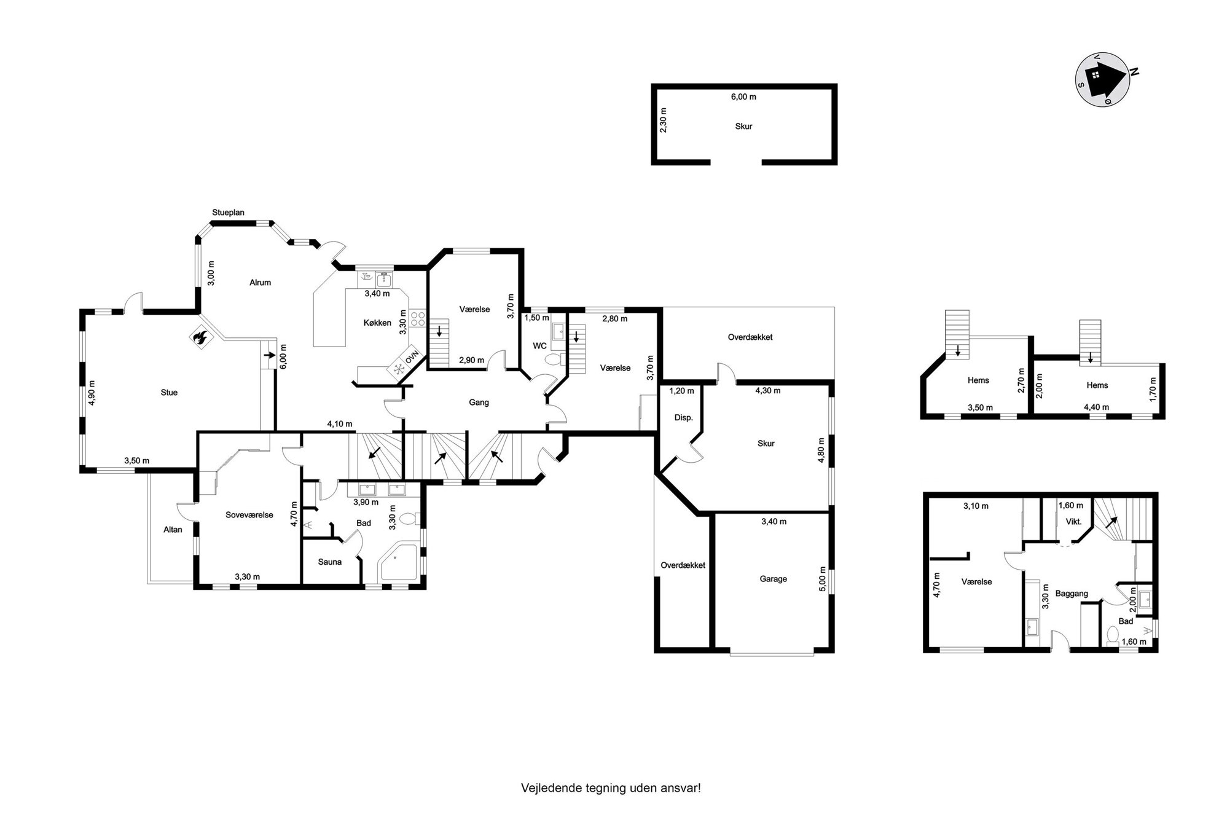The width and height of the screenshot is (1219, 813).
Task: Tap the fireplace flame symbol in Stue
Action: click(200, 336)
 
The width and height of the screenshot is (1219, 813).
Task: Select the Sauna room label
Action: click(330, 562)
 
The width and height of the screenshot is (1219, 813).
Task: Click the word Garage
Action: click(773, 579)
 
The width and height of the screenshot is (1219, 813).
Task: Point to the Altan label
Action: click(173, 529)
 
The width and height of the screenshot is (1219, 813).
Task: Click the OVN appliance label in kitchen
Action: click(411, 357)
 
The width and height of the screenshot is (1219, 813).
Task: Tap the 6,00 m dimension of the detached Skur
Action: click(743, 96)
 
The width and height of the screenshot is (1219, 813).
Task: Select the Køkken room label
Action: click(377, 323)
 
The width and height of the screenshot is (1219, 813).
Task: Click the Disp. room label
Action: click(684, 418)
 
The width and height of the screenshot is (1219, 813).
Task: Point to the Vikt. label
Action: click(1073, 522)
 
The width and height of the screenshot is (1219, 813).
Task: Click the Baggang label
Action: click(1072, 594)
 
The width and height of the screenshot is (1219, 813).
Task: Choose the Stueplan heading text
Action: click(228, 213)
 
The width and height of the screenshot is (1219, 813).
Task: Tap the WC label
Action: click(539, 346)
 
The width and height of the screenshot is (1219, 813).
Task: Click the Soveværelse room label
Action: click(249, 515)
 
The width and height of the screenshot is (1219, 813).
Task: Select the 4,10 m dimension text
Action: click(340, 424)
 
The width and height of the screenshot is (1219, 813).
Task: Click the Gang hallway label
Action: click(479, 403)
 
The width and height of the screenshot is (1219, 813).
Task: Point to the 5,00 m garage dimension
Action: click(824, 579)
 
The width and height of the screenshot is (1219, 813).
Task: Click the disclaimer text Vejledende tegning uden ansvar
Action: click(611, 788)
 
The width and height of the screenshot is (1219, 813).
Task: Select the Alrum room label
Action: click(260, 283)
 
